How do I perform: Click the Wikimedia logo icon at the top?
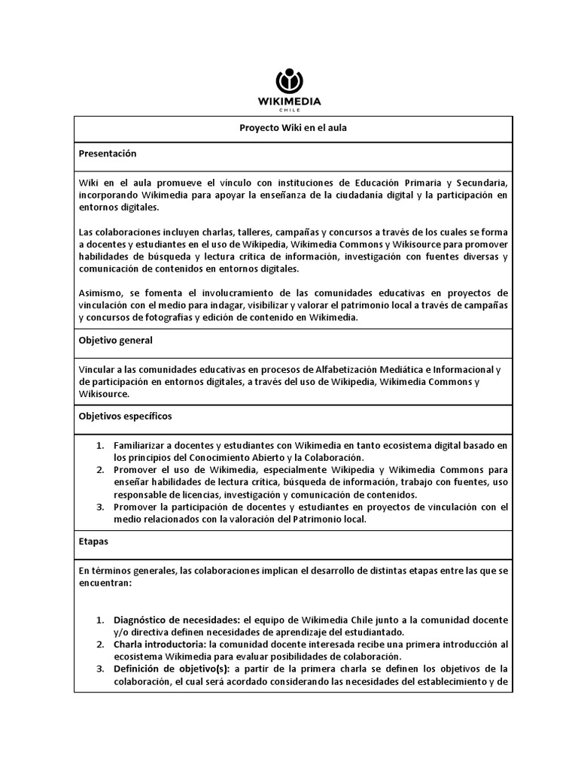pyautogui.click(x=289, y=80)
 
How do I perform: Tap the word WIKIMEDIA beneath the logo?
pyautogui.click(x=289, y=101)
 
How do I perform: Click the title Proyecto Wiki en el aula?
pyautogui.click(x=293, y=129)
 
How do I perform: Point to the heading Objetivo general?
pyautogui.click(x=115, y=341)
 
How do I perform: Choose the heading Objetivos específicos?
pyautogui.click(x=125, y=416)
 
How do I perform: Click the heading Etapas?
pyautogui.click(x=93, y=540)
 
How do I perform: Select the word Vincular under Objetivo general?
pyautogui.click(x=98, y=369)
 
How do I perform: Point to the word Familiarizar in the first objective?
pyautogui.click(x=144, y=446)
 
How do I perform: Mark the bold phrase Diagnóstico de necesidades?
pyautogui.click(x=175, y=620)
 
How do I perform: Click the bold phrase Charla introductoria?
pyautogui.click(x=160, y=645)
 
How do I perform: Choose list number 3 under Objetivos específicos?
pyautogui.click(x=99, y=508)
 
